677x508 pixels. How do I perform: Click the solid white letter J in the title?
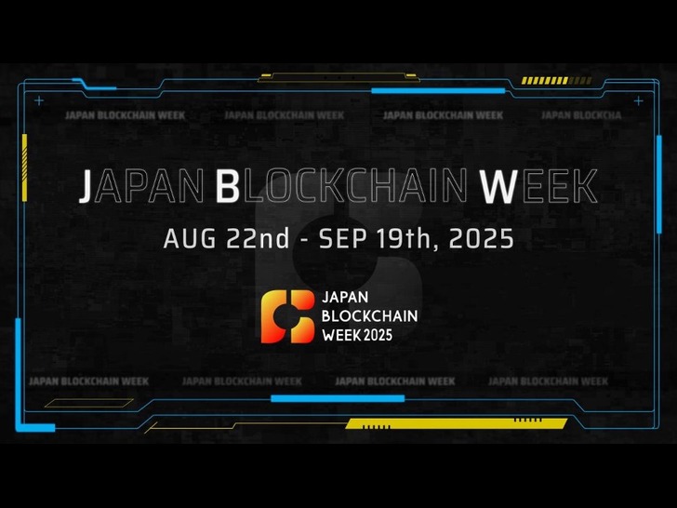tap(86, 186)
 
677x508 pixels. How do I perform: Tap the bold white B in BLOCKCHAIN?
tap(227, 186)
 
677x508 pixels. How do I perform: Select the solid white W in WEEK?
tap(498, 186)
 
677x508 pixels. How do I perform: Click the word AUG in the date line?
tap(190, 238)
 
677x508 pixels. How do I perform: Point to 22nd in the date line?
tap(258, 238)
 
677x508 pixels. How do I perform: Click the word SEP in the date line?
tap(343, 238)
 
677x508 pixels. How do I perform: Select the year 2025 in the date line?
tap(482, 238)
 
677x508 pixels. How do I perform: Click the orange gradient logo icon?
tap(287, 316)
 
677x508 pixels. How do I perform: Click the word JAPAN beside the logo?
tap(345, 297)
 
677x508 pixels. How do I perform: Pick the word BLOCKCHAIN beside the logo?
tap(369, 316)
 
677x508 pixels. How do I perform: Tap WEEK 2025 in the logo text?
tap(357, 335)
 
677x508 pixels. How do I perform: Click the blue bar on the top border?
tap(438, 91)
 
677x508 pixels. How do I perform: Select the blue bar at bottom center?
tap(338, 398)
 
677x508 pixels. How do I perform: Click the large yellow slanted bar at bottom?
tap(457, 423)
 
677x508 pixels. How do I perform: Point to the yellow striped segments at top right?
tap(556, 80)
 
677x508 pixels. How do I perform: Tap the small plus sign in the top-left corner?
tap(39, 101)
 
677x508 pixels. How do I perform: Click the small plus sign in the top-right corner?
tap(638, 101)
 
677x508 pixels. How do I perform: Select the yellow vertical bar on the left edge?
tap(24, 167)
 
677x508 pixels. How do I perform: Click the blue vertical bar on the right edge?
tap(659, 184)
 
